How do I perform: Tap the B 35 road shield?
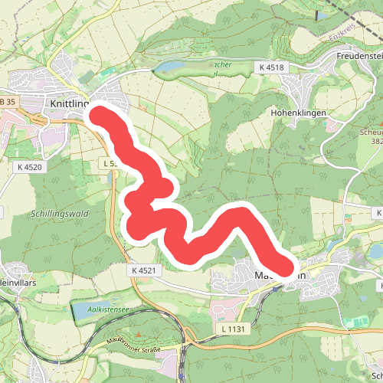click(8, 102)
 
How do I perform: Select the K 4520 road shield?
click(30, 165)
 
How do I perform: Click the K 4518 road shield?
click(271, 67)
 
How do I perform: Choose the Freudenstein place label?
click(358, 56)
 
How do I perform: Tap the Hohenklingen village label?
click(299, 113)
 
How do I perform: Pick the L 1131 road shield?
click(231, 329)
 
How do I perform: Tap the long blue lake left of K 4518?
click(176, 69)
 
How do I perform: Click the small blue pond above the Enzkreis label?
click(316, 14)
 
